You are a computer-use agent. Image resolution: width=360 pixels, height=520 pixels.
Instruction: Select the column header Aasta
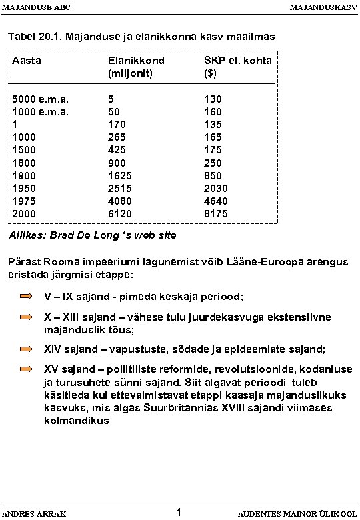27,61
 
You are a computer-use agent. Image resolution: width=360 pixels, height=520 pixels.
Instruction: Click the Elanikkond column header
136,61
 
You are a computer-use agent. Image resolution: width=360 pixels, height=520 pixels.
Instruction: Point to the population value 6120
120,213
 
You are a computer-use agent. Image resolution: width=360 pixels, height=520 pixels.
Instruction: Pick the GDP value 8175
216,213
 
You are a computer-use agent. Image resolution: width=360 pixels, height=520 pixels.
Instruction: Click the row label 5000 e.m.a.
41,99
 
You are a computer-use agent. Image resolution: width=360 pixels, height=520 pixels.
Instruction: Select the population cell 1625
120,175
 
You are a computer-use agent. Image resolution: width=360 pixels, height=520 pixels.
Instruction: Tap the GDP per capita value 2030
216,188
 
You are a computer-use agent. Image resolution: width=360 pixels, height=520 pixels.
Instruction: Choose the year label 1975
25,201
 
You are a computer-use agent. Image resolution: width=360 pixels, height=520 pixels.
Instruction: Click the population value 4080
120,201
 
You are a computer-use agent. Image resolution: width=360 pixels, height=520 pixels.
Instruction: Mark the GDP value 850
213,175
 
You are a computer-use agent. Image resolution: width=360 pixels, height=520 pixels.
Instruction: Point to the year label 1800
25,163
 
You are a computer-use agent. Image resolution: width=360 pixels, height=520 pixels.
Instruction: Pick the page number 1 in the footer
179,512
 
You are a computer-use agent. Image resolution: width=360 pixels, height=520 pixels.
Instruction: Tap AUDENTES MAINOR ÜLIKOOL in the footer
297,514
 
